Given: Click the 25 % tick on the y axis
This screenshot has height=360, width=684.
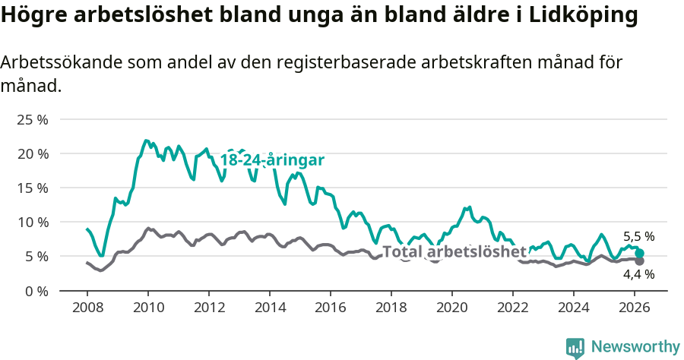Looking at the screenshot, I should point(32,120).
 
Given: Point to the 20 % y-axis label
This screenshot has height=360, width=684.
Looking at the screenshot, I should point(32,154).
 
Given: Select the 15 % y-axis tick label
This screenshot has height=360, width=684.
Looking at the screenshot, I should point(32,188).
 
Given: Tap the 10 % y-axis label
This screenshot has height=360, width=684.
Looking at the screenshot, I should point(32,223).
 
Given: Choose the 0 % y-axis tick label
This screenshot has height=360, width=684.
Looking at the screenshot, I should point(35,291).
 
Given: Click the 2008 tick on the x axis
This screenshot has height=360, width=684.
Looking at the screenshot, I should point(87,308).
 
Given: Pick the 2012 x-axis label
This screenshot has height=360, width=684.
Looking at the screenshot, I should point(208,308).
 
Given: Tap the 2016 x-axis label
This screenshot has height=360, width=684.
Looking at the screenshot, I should point(330,308).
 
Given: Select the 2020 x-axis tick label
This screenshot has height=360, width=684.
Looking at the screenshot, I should point(451,308).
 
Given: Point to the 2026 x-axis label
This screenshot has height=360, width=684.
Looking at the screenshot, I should point(634,308).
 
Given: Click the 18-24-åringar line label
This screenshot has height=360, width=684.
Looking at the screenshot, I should point(272,160).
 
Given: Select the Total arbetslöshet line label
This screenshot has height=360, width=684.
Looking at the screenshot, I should point(454,251).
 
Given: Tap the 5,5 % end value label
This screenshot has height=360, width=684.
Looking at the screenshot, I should point(638,237).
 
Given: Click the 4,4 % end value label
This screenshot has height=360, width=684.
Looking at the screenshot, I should point(638,274).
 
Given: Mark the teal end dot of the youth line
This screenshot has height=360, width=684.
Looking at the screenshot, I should point(640,254).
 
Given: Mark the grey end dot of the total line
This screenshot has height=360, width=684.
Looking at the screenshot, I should point(640,261).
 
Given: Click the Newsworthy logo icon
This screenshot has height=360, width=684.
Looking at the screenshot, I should point(575,348).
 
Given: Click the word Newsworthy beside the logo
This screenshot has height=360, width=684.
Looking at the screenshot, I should point(635,347).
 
